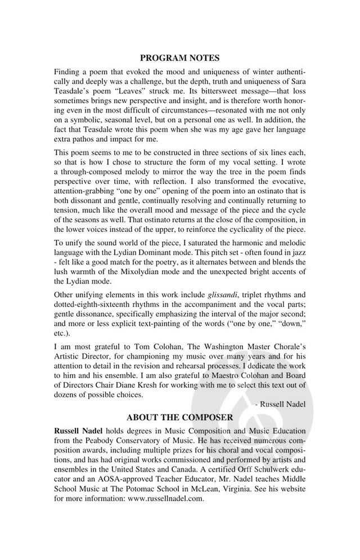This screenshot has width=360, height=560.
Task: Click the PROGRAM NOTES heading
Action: [x=180, y=57]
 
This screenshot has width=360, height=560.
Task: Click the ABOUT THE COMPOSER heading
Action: [x=180, y=417]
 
